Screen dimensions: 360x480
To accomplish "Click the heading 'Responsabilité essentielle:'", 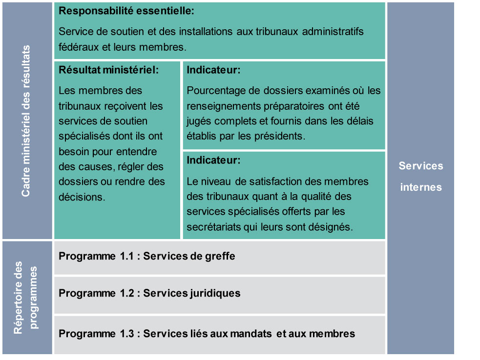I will click(126, 11).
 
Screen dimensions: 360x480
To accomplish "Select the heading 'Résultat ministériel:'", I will click(109, 70).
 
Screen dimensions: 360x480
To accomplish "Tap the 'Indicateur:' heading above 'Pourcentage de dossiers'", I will click(213, 70).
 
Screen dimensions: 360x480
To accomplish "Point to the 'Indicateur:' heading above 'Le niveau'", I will click(213, 160).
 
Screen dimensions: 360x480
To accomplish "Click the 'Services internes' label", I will click(421, 176).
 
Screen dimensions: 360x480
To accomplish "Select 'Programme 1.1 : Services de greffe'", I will click(146, 256).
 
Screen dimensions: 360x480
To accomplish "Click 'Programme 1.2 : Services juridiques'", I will click(149, 293).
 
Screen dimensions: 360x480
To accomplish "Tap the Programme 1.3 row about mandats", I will click(207, 334).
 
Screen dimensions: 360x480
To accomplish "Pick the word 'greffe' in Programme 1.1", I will click(220, 256).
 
